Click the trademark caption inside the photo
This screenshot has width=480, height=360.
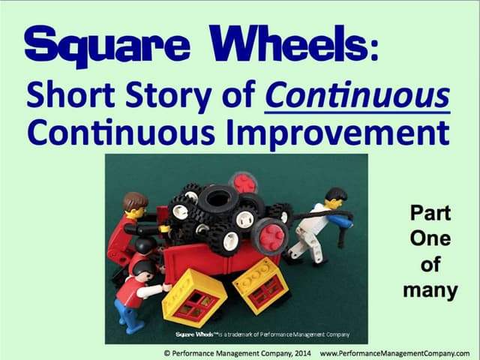259,334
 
